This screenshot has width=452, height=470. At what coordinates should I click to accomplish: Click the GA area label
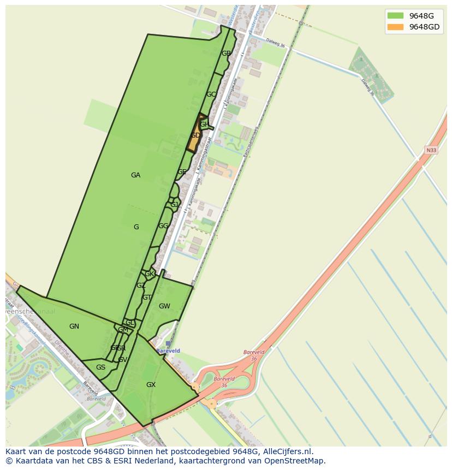tap(135, 175)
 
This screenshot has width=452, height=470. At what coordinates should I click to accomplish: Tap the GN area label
tap(74, 326)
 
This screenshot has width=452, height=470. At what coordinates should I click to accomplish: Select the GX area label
tap(151, 385)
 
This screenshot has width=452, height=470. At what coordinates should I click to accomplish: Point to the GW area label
tap(164, 306)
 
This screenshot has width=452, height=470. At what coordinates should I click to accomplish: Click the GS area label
tap(100, 367)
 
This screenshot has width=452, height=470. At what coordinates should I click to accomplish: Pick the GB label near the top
tap(226, 53)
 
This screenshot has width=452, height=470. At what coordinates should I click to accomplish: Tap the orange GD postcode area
tap(195, 135)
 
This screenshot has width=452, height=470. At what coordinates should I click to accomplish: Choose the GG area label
tap(163, 226)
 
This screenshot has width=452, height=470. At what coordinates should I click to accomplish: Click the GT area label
tap(147, 298)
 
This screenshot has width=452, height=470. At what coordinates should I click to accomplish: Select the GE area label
tap(182, 172)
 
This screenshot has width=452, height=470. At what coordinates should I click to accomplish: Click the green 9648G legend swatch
tap(395, 15)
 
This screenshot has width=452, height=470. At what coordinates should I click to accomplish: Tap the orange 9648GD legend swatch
tap(395, 27)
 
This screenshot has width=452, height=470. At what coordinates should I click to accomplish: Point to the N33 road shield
tap(431, 150)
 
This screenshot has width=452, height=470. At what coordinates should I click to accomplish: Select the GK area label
tap(149, 274)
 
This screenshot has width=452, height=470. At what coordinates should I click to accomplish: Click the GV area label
tap(122, 360)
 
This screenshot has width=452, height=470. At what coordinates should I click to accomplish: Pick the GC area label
tap(211, 94)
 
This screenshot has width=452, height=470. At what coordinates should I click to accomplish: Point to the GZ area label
tap(141, 285)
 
